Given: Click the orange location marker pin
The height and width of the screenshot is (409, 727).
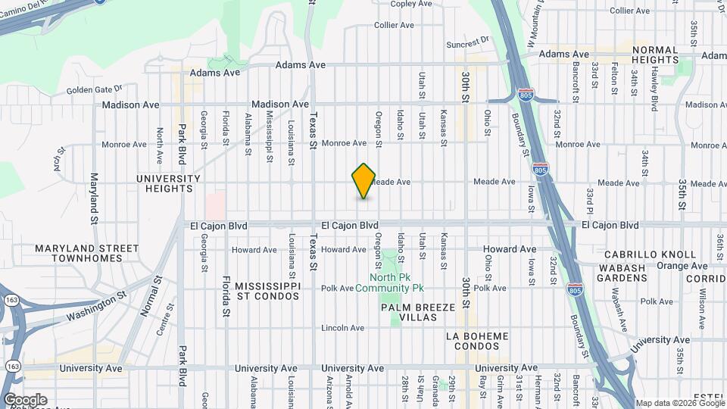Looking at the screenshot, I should pyautogui.click(x=363, y=181).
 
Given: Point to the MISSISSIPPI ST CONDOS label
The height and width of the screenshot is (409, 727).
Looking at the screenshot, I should pyautogui.click(x=268, y=290).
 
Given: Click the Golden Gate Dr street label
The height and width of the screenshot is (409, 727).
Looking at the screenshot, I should pyautogui.click(x=95, y=90).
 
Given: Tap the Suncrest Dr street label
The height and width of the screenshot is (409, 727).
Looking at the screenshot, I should pyautogui.click(x=468, y=42).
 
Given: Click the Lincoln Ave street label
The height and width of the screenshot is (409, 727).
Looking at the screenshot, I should pyautogui.click(x=342, y=328).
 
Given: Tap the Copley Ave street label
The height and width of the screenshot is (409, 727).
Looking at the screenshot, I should pyautogui.click(x=411, y=4).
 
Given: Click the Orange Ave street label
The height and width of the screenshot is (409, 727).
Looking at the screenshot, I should pyautogui.click(x=681, y=266).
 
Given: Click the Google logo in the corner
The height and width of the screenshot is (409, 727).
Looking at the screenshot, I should pyautogui.click(x=25, y=400).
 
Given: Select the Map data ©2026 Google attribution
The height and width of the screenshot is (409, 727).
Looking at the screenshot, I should pyautogui.click(x=680, y=403).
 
